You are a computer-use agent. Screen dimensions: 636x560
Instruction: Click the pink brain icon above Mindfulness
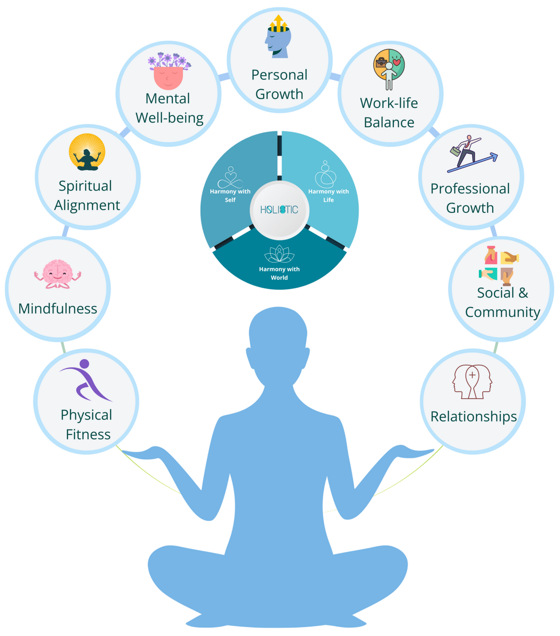[x=57, y=274]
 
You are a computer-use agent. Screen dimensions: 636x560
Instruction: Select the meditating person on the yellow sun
[x=86, y=153]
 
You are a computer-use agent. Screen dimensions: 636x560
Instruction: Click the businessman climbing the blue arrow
[x=471, y=153]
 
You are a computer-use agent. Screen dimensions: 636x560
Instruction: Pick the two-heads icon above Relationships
[x=472, y=381]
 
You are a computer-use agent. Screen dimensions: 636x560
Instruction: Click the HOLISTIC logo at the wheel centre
[x=279, y=209]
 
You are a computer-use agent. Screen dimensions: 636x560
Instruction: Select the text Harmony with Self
[x=230, y=195]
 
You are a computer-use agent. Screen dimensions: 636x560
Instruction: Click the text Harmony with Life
[x=328, y=195]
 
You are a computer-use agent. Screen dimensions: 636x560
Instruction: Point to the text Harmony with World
[x=279, y=273]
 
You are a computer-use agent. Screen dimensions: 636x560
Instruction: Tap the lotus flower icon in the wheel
[x=279, y=254]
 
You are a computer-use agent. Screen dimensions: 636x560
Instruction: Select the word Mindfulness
[x=58, y=309]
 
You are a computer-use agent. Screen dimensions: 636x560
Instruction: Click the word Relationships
[x=474, y=417]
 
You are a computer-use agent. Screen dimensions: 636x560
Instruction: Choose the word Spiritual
[x=85, y=186]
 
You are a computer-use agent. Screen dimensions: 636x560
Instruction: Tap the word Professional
[x=470, y=189]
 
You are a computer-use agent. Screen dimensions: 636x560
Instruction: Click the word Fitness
[x=88, y=434]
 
